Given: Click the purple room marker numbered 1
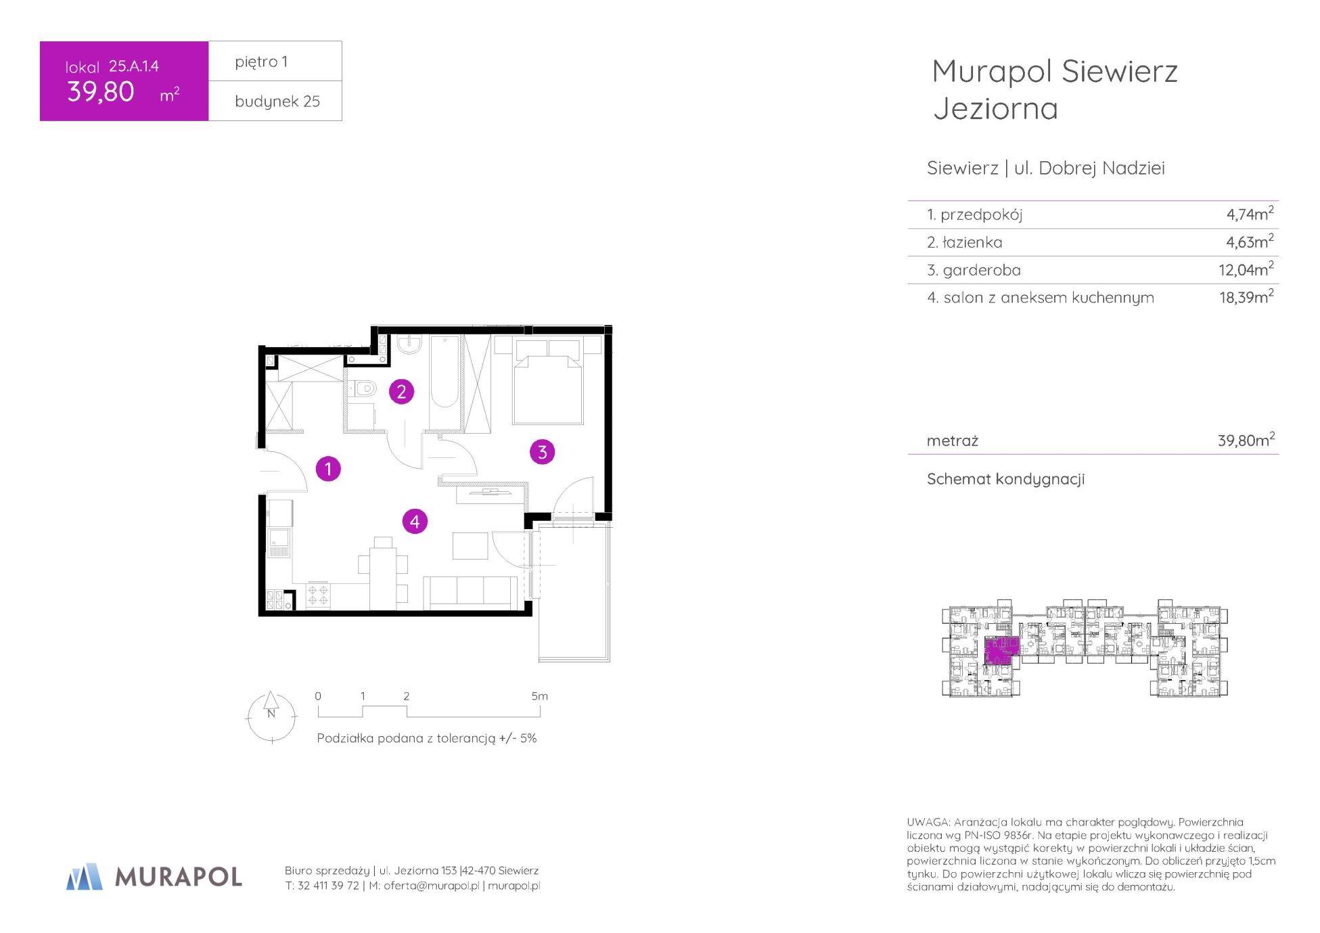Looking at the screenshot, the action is pyautogui.click(x=328, y=468).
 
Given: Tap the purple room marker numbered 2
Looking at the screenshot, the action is pyautogui.click(x=401, y=391).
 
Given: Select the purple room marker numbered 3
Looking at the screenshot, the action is pyautogui.click(x=542, y=451).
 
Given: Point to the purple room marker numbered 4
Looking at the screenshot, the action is pyautogui.click(x=415, y=521).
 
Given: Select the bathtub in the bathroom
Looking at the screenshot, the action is pyautogui.click(x=445, y=382).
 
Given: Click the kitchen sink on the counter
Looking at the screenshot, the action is pyautogui.click(x=279, y=545).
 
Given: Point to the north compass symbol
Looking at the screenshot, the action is pyautogui.click(x=271, y=716).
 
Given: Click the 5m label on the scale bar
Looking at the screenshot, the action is pyautogui.click(x=539, y=696).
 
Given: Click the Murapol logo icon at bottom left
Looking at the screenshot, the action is pyautogui.click(x=85, y=876).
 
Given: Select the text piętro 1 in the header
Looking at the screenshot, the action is pyautogui.click(x=261, y=62).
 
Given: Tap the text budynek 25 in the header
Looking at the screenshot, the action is pyautogui.click(x=277, y=101).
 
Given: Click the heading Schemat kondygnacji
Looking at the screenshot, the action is pyautogui.click(x=1005, y=479).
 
